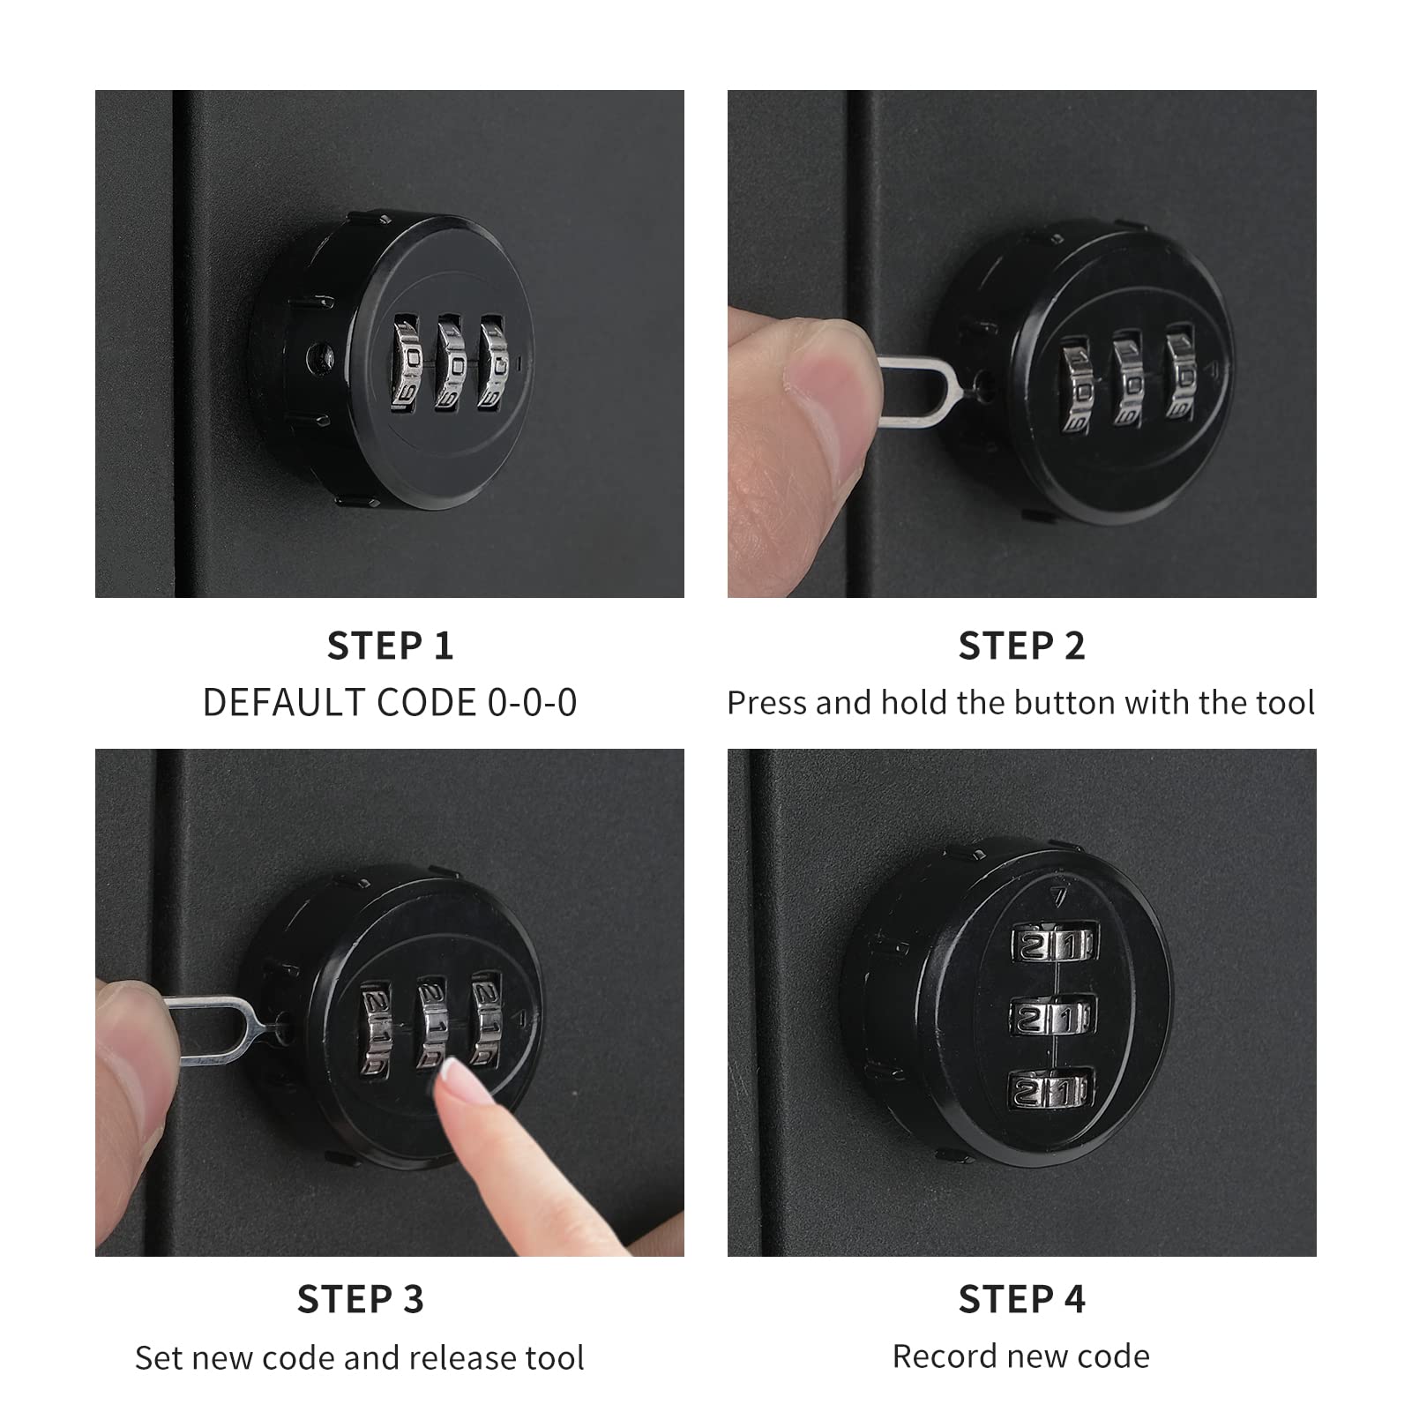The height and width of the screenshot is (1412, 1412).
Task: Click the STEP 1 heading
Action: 390,646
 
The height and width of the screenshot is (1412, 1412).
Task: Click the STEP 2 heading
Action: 1021,646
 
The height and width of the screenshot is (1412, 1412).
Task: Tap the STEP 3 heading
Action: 360,1298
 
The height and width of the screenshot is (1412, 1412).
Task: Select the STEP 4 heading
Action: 1021,1298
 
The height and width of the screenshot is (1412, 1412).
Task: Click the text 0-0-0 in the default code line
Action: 532,703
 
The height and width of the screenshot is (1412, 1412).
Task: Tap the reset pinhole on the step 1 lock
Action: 320,356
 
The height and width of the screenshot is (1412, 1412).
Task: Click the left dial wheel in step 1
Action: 408,363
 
